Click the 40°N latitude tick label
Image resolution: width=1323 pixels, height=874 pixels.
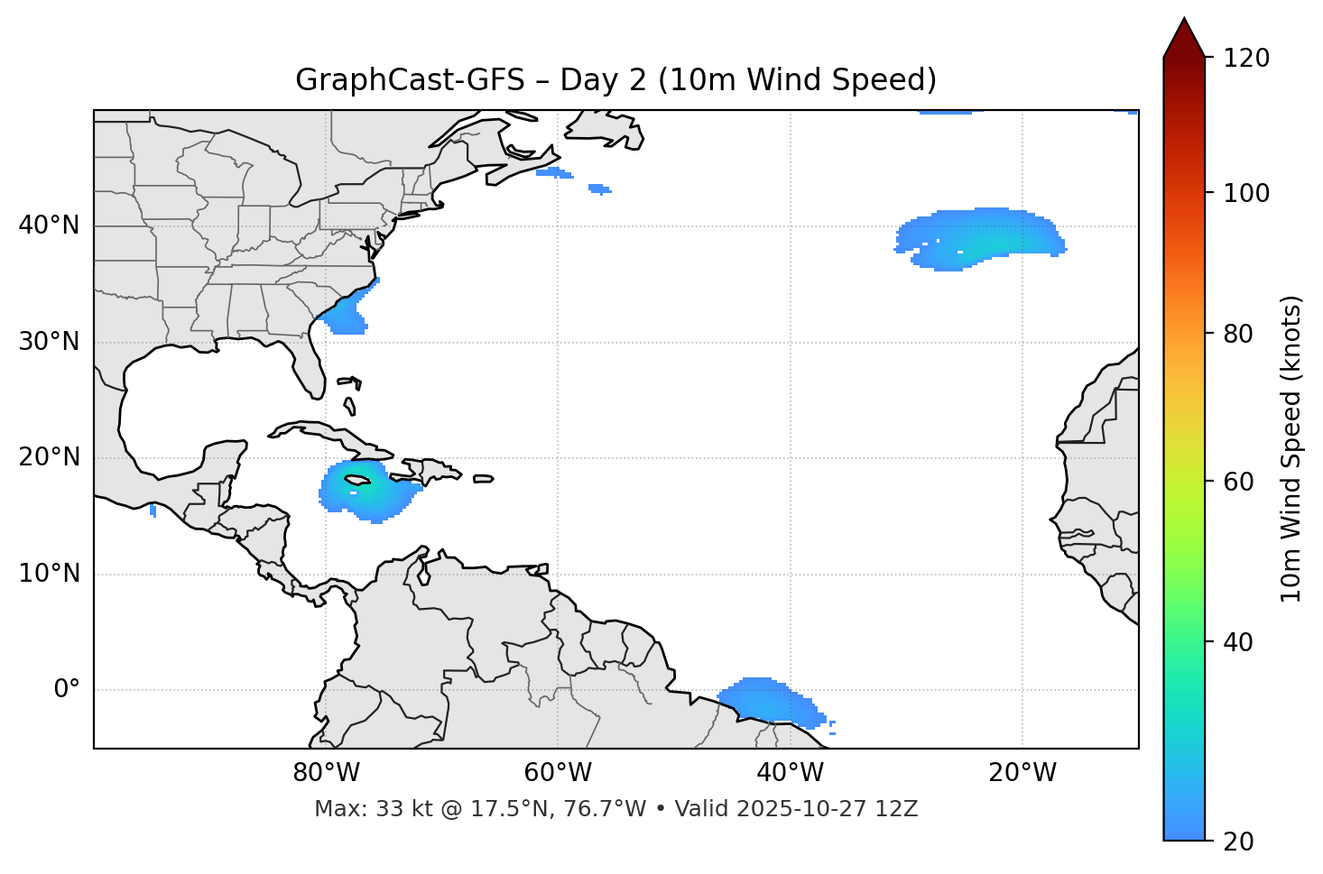pos(49,225)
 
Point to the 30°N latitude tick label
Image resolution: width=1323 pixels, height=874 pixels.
pos(49,342)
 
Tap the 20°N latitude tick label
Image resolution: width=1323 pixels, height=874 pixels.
pos(49,457)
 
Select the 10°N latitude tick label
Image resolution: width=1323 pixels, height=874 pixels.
pos(49,574)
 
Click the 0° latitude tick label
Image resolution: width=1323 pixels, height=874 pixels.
pos(67,690)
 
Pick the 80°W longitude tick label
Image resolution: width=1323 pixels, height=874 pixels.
pos(326,773)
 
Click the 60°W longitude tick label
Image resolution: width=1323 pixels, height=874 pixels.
pos(558,773)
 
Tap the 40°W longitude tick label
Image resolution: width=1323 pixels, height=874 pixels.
pos(790,773)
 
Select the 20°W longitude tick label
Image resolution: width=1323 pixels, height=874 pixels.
pos(1022,773)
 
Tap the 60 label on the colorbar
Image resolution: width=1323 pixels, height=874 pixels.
pos(1238,482)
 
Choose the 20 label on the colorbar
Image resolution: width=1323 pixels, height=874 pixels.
pos(1238,841)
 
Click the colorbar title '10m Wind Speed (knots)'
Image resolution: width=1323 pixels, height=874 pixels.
pos(1291,448)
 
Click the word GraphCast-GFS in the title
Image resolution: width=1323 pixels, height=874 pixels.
pos(410,80)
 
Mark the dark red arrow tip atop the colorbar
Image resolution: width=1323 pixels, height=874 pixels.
pos(1184,36)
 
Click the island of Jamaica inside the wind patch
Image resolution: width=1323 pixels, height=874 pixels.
pos(357,480)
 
